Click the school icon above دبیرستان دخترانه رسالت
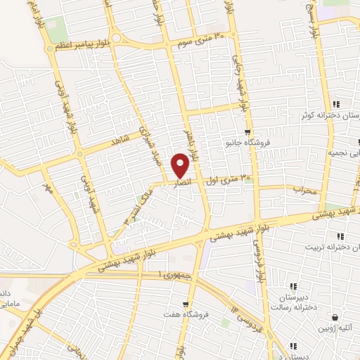click(293, 286)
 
